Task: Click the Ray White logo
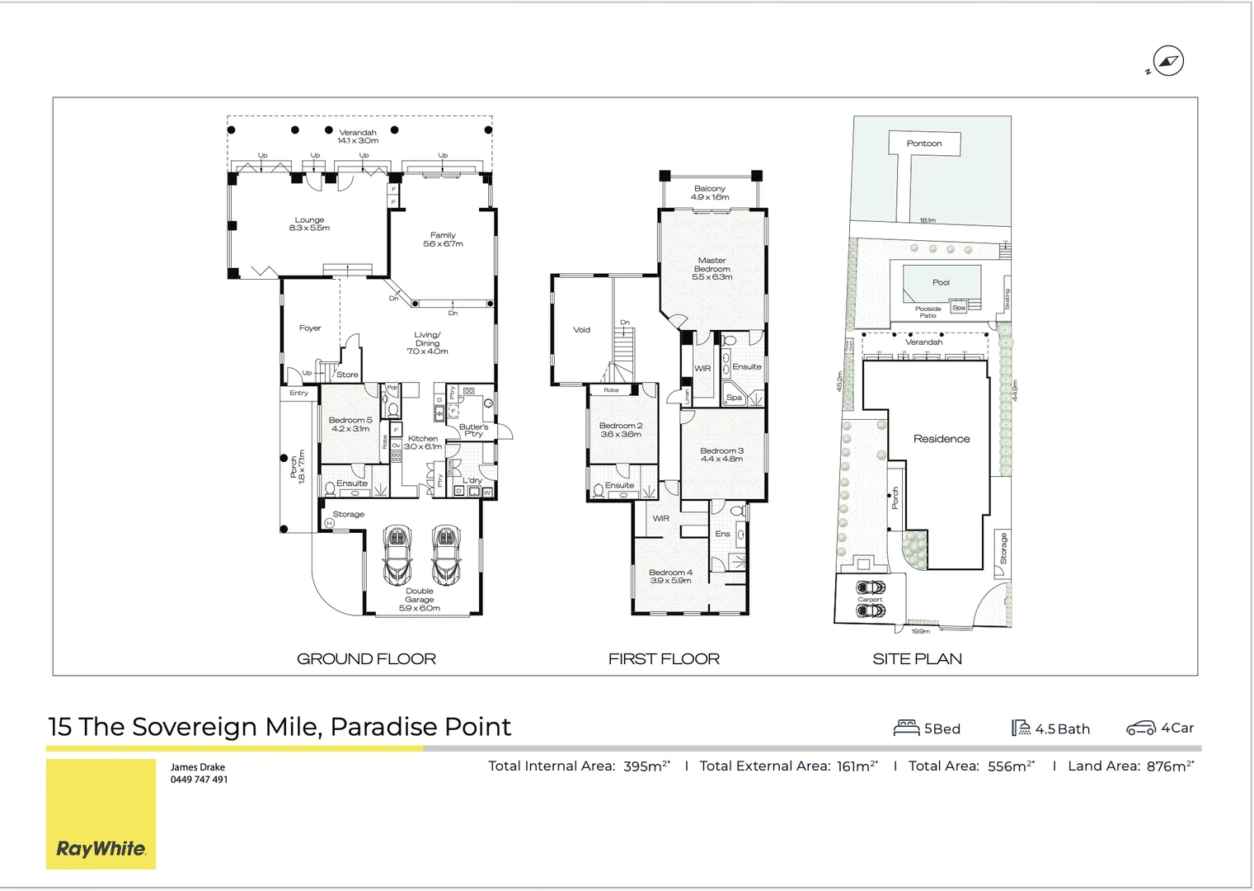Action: (101, 848)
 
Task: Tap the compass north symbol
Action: (1167, 61)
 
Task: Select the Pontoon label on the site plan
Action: (923, 144)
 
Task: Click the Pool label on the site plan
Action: (941, 282)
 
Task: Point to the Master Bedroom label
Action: (712, 269)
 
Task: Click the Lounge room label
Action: (309, 224)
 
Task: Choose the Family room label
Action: (443, 239)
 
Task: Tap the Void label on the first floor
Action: (581, 330)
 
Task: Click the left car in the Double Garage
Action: (397, 554)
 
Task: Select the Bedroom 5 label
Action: (350, 424)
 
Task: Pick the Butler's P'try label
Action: (473, 430)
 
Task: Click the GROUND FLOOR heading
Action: (366, 658)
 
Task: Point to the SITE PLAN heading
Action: (917, 658)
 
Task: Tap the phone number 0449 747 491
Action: (199, 780)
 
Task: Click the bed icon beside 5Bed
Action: (906, 728)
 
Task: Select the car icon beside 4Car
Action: (1141, 728)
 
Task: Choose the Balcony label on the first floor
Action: (710, 193)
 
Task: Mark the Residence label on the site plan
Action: (942, 439)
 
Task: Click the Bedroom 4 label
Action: (670, 576)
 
